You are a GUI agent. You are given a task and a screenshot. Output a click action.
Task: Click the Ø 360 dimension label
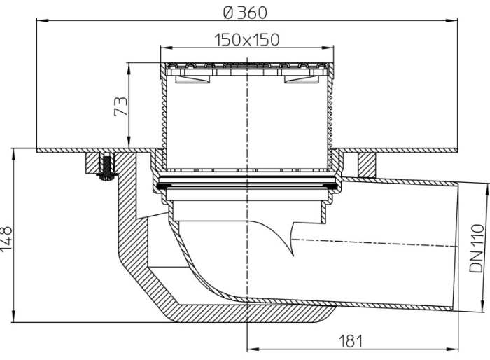pos(246,13)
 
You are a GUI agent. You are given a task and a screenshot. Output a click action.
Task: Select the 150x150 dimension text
pos(246,39)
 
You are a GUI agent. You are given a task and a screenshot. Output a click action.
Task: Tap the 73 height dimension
pos(121,106)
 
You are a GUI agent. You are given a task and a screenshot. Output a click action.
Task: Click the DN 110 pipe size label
pos(477,248)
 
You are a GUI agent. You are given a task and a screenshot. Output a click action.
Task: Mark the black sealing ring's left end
pos(160,186)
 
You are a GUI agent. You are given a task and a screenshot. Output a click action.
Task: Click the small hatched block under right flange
pos(366,163)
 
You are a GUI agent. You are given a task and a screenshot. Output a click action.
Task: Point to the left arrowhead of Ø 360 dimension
pos(39,22)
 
